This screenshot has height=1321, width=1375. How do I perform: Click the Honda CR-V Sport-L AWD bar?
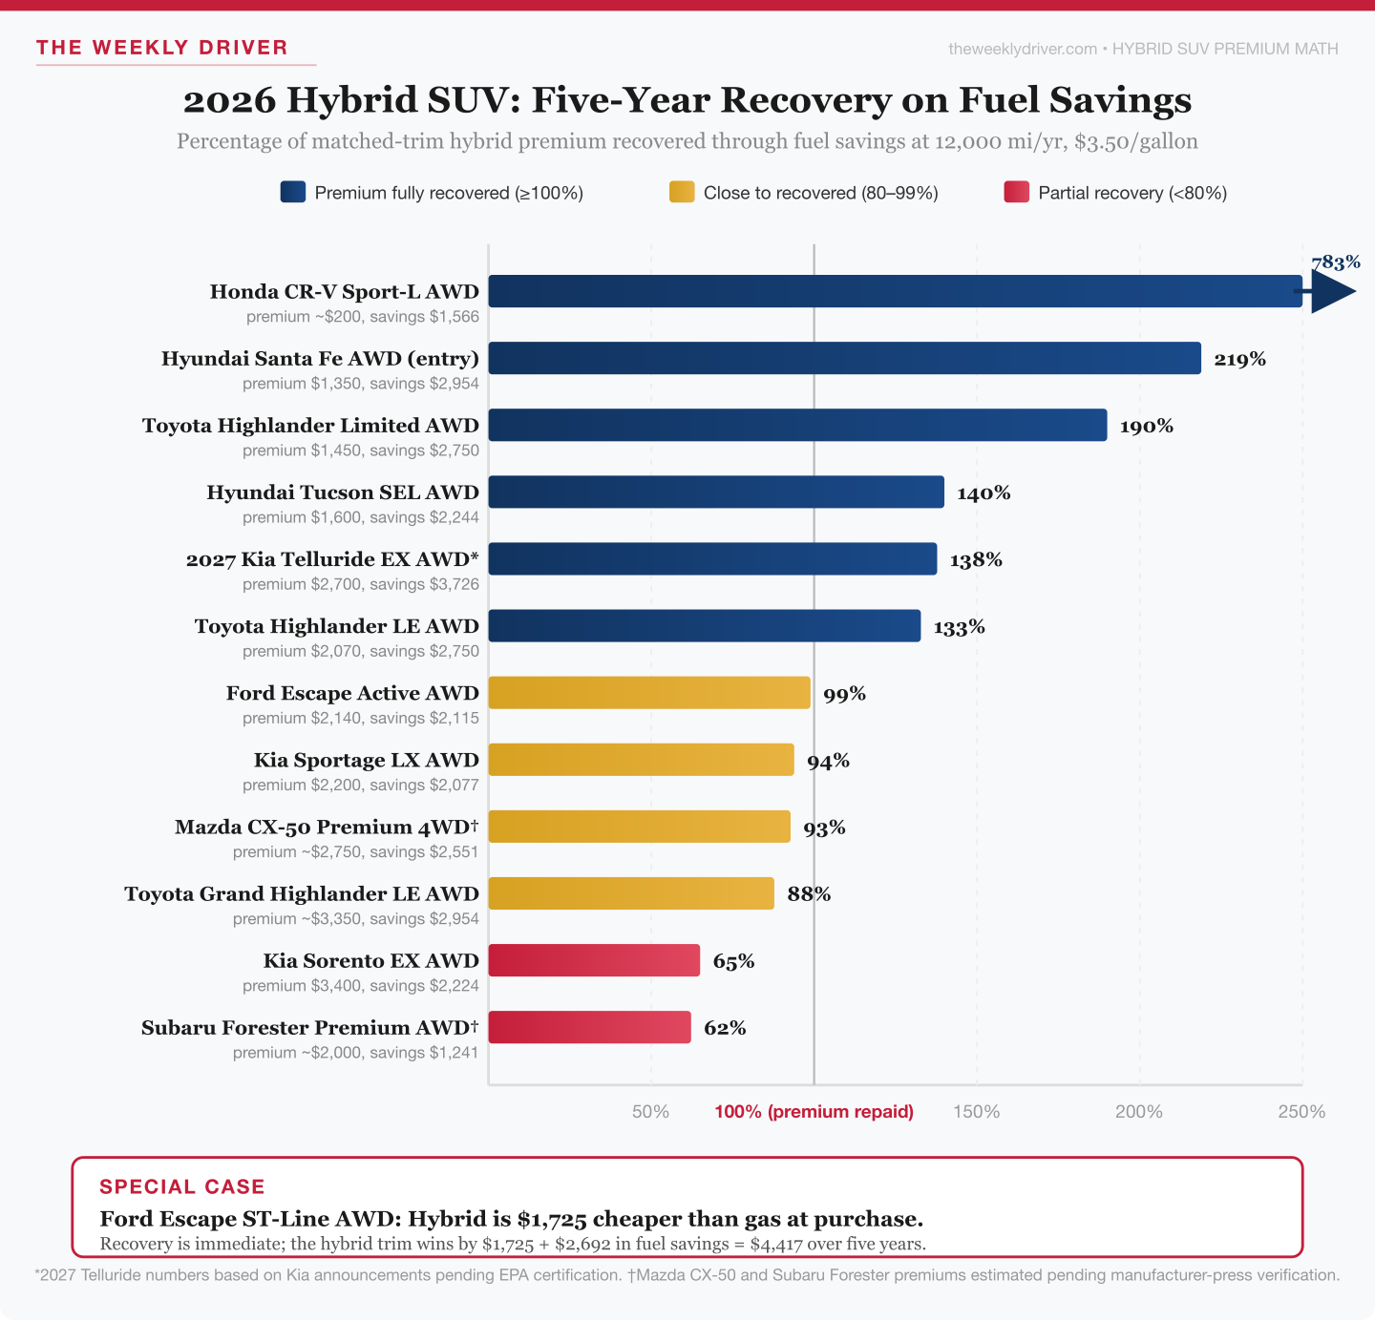(895, 291)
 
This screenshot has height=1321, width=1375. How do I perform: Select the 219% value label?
(1239, 359)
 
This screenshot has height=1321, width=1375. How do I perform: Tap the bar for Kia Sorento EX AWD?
(594, 960)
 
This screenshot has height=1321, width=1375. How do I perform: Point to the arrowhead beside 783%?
(1331, 291)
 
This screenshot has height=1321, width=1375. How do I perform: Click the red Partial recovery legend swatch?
(1016, 193)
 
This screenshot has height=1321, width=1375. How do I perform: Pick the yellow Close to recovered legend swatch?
(682, 193)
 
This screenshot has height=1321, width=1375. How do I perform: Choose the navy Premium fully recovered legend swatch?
(293, 193)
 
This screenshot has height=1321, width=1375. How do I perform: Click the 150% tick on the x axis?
(976, 1112)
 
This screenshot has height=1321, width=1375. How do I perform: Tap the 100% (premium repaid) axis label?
(814, 1112)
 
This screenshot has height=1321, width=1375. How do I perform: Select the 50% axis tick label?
(650, 1112)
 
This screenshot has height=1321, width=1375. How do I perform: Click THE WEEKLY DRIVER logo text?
(162, 48)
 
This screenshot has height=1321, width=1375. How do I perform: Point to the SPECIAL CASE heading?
(182, 1186)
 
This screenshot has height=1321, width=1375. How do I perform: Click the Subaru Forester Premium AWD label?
(309, 1028)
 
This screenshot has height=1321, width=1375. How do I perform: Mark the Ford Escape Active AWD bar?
(649, 693)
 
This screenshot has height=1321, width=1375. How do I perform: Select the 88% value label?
(809, 894)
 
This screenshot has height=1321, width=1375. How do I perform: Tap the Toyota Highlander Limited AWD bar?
(797, 426)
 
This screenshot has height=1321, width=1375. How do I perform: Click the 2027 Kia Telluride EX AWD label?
(332, 559)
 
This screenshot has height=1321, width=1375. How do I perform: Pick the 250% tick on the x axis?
(1301, 1112)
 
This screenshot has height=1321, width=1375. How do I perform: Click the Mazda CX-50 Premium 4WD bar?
(639, 827)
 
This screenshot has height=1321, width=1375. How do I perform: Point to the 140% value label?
(984, 493)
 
